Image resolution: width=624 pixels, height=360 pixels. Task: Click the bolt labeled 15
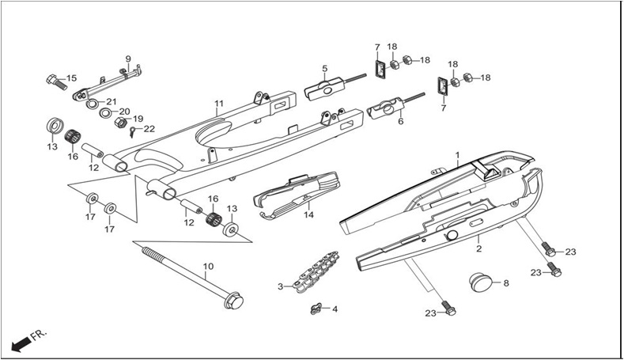pyautogui.click(x=56, y=82)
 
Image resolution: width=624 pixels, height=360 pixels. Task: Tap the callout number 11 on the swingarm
pyautogui.click(x=219, y=104)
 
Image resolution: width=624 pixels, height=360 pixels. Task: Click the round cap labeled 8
pyautogui.click(x=480, y=282)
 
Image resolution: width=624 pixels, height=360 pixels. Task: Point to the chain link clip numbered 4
pyautogui.click(x=316, y=309)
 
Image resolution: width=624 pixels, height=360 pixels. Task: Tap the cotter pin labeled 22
pyautogui.click(x=133, y=131)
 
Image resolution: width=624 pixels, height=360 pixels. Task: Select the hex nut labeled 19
pyautogui.click(x=120, y=123)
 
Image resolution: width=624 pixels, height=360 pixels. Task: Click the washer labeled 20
pyautogui.click(x=105, y=113)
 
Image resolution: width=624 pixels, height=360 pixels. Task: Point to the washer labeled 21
pyautogui.click(x=92, y=104)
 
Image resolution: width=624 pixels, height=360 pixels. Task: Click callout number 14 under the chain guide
pyautogui.click(x=308, y=215)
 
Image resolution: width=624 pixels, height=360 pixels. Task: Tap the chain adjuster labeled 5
pyautogui.click(x=335, y=87)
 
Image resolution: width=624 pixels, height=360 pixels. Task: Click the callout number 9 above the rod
pyautogui.click(x=128, y=59)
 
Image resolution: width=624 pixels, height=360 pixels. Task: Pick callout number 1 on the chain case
pyautogui.click(x=458, y=154)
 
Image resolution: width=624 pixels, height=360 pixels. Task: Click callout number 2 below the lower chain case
pyautogui.click(x=479, y=249)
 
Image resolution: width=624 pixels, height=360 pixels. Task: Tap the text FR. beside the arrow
pyautogui.click(x=40, y=335)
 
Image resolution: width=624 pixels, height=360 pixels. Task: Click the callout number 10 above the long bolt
pyautogui.click(x=209, y=266)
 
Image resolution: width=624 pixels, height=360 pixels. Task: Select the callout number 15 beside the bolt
pyautogui.click(x=71, y=78)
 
